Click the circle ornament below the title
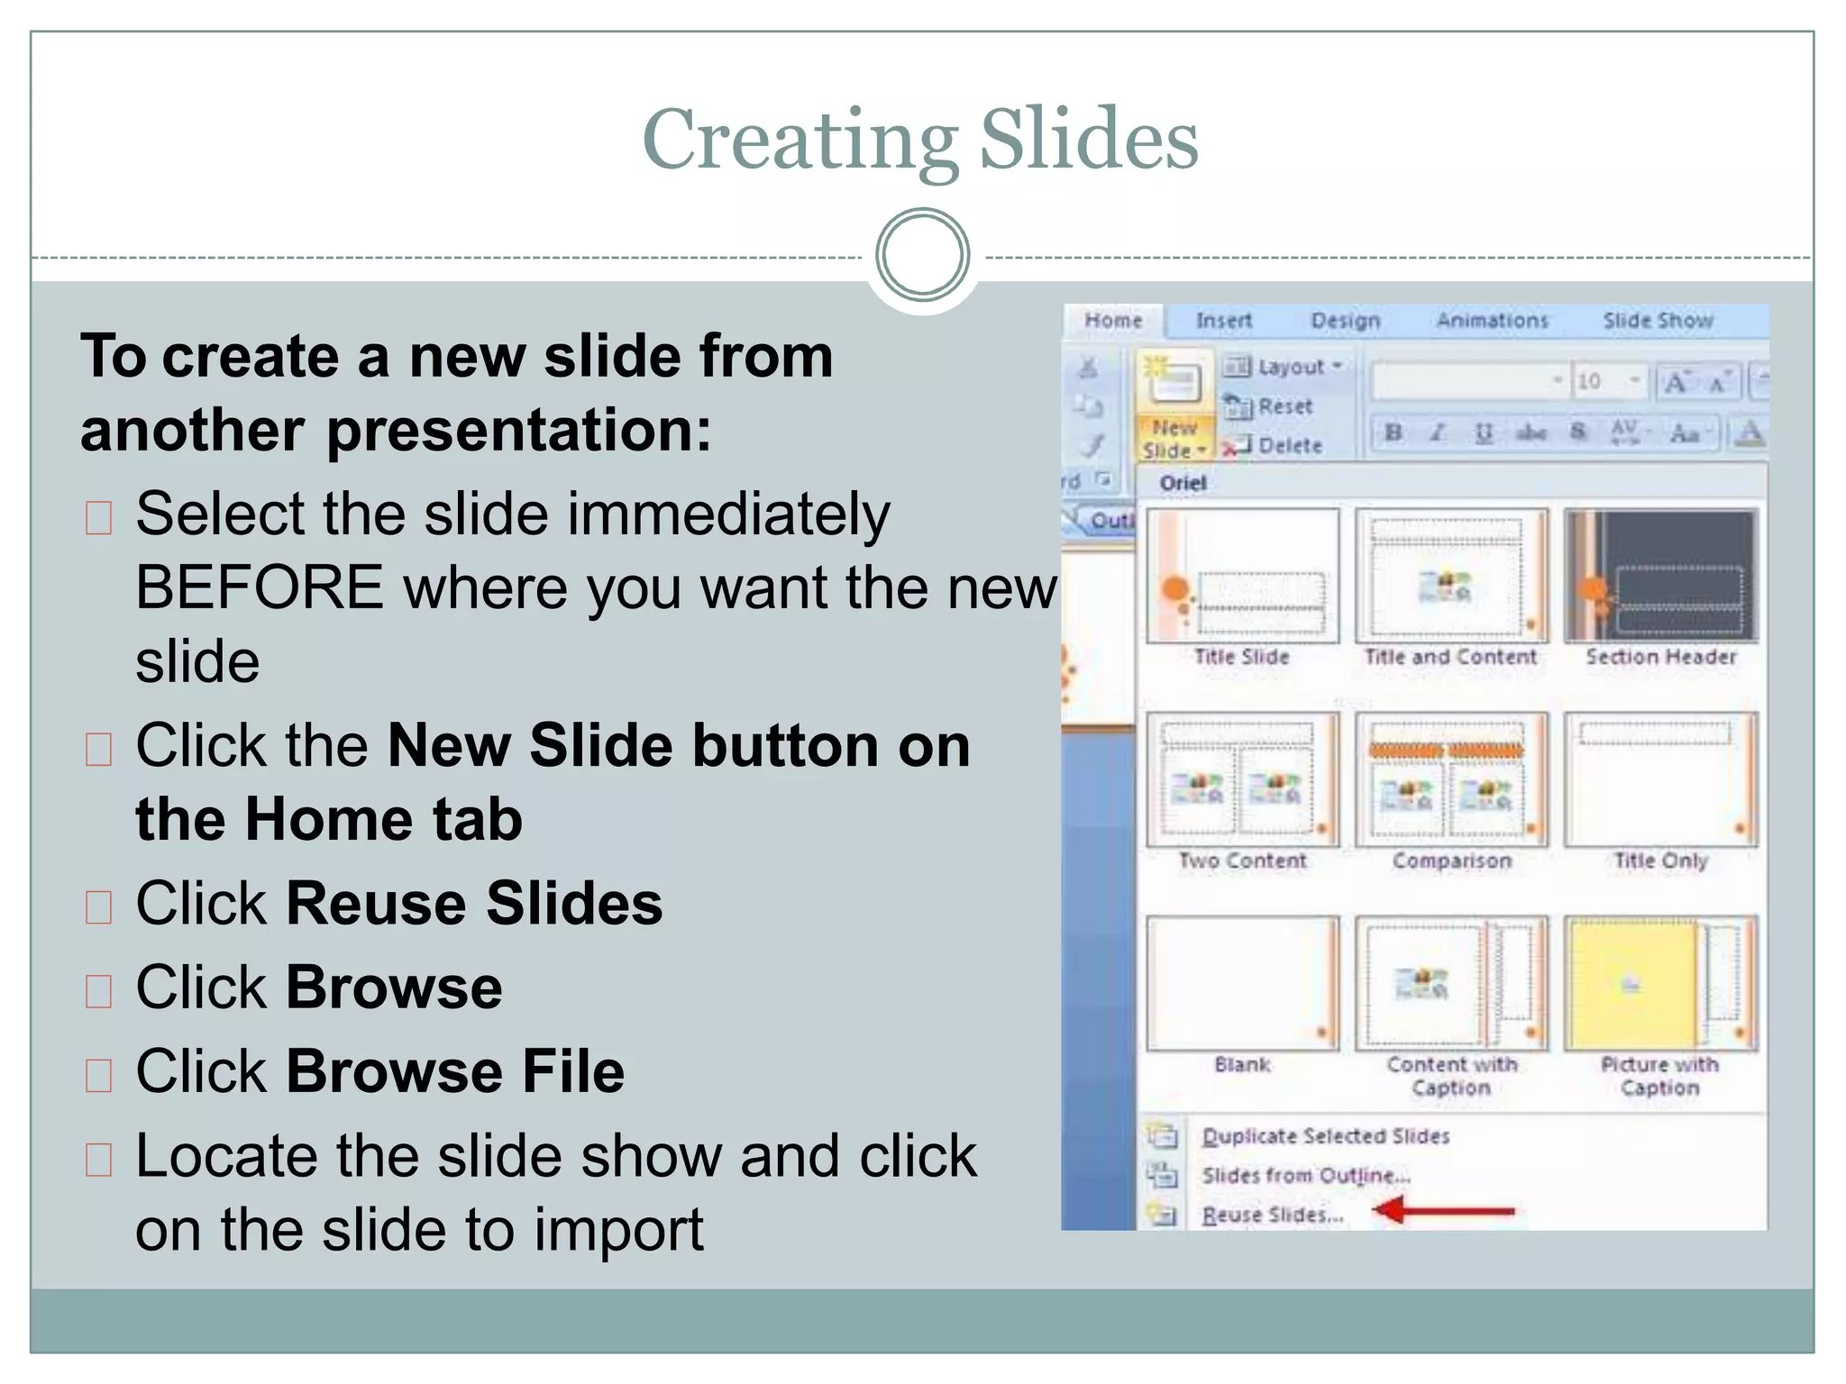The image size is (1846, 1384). point(922,254)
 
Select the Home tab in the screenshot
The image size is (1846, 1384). point(1113,321)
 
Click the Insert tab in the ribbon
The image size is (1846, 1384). point(1223,321)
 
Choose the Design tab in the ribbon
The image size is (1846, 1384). point(1345,321)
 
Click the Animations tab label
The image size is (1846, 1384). point(1492,321)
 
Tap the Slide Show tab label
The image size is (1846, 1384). point(1657,321)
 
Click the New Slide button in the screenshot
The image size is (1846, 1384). point(1173,405)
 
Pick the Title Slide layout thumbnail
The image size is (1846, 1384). point(1242,576)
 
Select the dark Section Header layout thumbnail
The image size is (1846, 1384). point(1660,576)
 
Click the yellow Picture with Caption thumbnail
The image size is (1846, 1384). point(1660,983)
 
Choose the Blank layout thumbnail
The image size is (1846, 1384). point(1242,983)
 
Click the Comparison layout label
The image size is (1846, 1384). point(1451,861)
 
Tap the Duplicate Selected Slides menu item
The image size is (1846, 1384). point(1325,1136)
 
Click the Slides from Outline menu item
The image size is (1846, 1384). point(1305,1176)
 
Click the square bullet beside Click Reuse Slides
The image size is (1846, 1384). point(98,907)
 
